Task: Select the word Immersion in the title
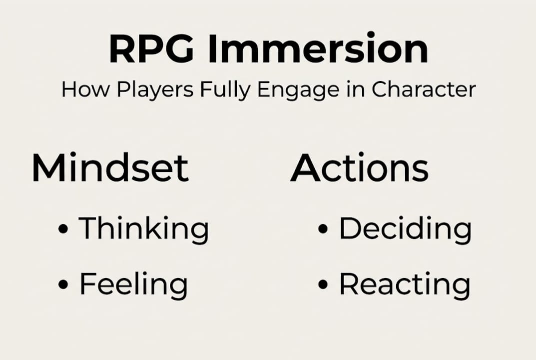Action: (318, 49)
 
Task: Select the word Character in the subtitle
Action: (423, 89)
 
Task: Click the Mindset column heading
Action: (110, 167)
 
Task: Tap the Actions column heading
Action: (359, 167)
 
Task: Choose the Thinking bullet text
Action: (144, 229)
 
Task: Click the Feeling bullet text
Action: (133, 284)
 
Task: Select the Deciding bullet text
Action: (405, 229)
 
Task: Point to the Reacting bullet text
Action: (405, 284)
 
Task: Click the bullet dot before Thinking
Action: (63, 229)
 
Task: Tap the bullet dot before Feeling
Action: (63, 284)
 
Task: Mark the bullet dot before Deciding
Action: (323, 229)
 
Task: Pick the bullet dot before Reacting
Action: (323, 284)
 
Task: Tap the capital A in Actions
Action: (306, 167)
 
